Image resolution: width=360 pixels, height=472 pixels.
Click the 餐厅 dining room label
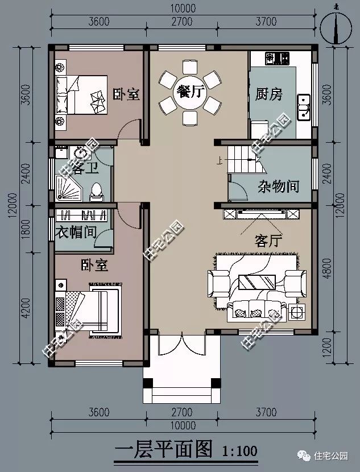(x=190, y=92)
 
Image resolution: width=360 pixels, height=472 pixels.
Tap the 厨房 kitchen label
(x=268, y=94)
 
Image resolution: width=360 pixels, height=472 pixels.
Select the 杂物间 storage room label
(x=279, y=186)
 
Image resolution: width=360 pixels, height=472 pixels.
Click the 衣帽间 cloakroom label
(x=77, y=232)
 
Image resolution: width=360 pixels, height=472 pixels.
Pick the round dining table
(x=190, y=93)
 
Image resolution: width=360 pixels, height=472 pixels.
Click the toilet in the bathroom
(x=98, y=191)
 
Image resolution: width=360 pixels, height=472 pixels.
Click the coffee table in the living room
(x=258, y=282)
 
